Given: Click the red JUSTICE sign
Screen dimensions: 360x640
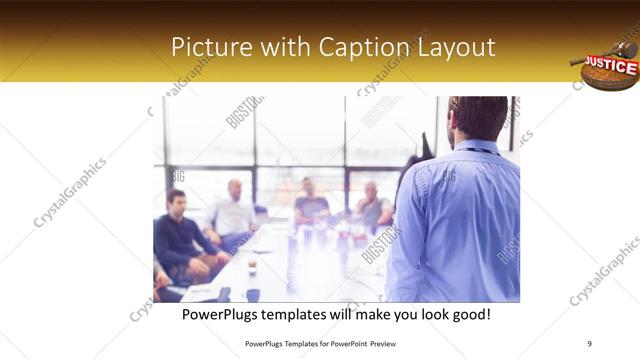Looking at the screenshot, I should (x=610, y=66).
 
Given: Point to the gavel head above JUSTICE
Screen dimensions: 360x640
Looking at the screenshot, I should (x=625, y=47).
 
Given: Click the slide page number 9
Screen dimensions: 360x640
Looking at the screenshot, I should (x=590, y=342).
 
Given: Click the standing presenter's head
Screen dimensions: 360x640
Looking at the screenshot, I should (x=478, y=118).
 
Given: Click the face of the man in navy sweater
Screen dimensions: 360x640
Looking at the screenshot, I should (x=176, y=201).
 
